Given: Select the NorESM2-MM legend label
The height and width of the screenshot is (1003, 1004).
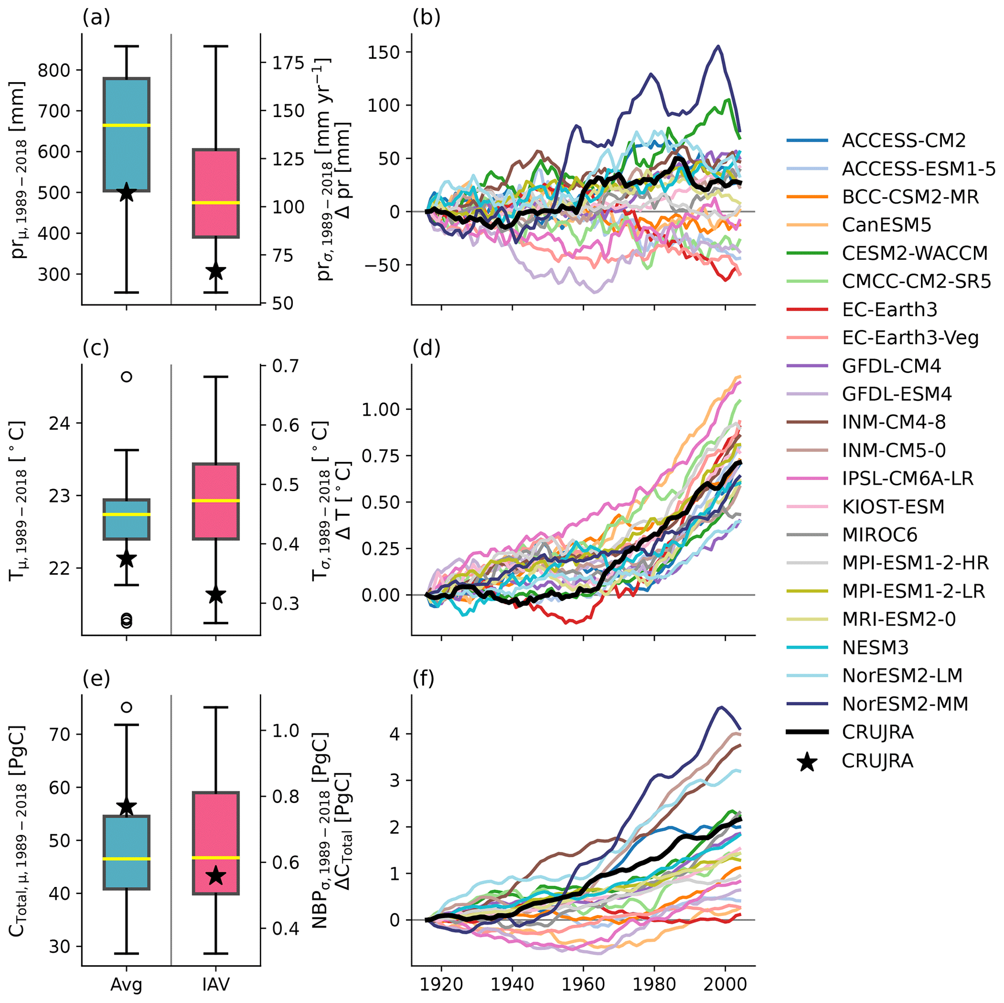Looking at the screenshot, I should [x=905, y=704].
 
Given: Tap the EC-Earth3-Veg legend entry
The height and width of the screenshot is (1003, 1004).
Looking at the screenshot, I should [x=910, y=338].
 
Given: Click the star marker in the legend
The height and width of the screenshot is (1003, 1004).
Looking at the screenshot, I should [x=807, y=761].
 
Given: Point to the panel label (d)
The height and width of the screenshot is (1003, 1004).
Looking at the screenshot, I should [x=426, y=349].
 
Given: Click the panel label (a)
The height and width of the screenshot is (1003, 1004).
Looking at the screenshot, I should [x=96, y=18].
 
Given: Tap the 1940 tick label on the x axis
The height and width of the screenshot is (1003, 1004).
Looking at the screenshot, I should [x=512, y=984].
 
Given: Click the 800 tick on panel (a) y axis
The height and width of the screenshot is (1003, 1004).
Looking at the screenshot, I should [x=55, y=69].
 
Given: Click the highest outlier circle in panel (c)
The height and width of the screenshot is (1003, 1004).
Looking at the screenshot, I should [x=126, y=377].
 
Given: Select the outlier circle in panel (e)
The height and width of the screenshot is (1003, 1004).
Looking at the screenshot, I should [x=126, y=707].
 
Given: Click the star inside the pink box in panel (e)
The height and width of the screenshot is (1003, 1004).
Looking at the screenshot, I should [x=216, y=876].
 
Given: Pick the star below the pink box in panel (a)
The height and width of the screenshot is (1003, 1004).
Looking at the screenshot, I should [x=216, y=272].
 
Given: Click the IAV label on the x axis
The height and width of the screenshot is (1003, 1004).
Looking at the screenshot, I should [x=216, y=984].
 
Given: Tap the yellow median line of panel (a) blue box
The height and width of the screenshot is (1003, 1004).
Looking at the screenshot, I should [x=127, y=125].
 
